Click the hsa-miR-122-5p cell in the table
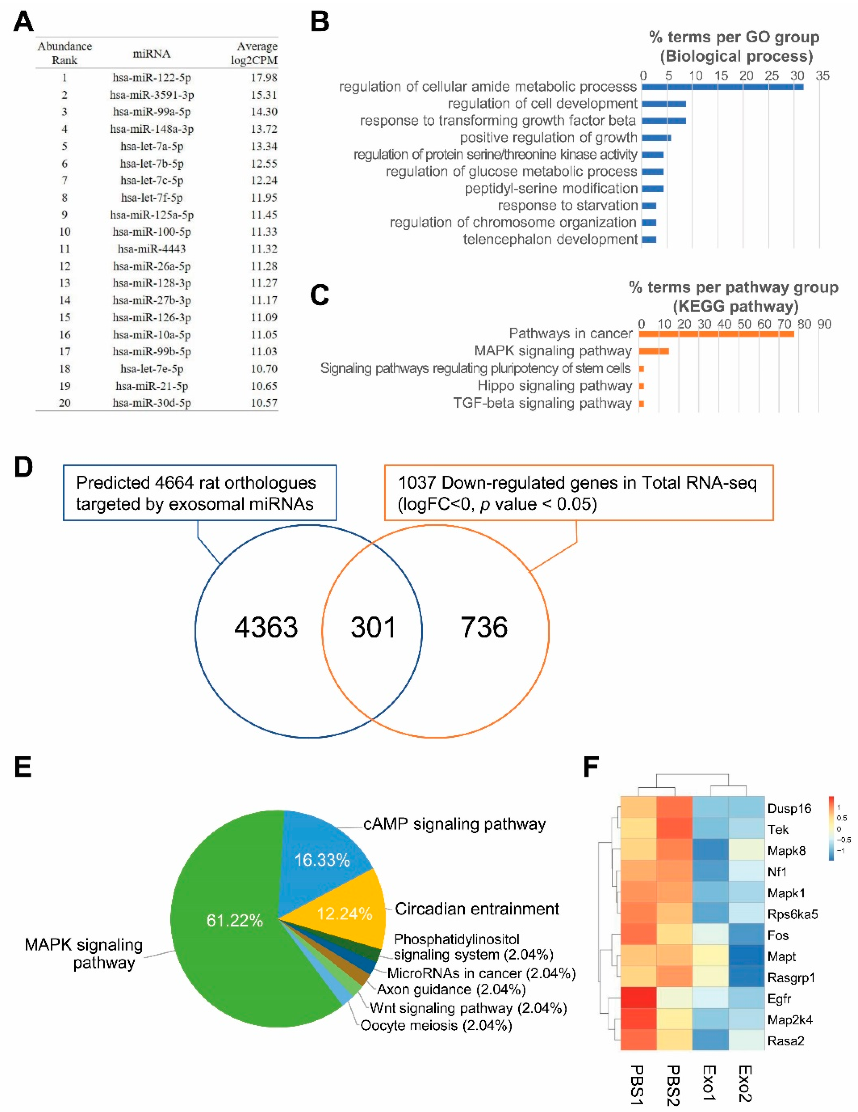(152, 78)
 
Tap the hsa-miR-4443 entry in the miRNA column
(152, 249)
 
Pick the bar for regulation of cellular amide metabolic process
(722, 87)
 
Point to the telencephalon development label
(550, 239)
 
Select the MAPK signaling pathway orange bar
(654, 351)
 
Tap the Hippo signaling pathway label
(555, 386)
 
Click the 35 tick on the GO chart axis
(822, 76)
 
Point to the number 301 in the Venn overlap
(373, 627)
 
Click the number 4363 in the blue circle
(266, 627)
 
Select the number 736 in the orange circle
(484, 627)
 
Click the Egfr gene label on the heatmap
(779, 999)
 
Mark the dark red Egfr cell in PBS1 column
(639, 999)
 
